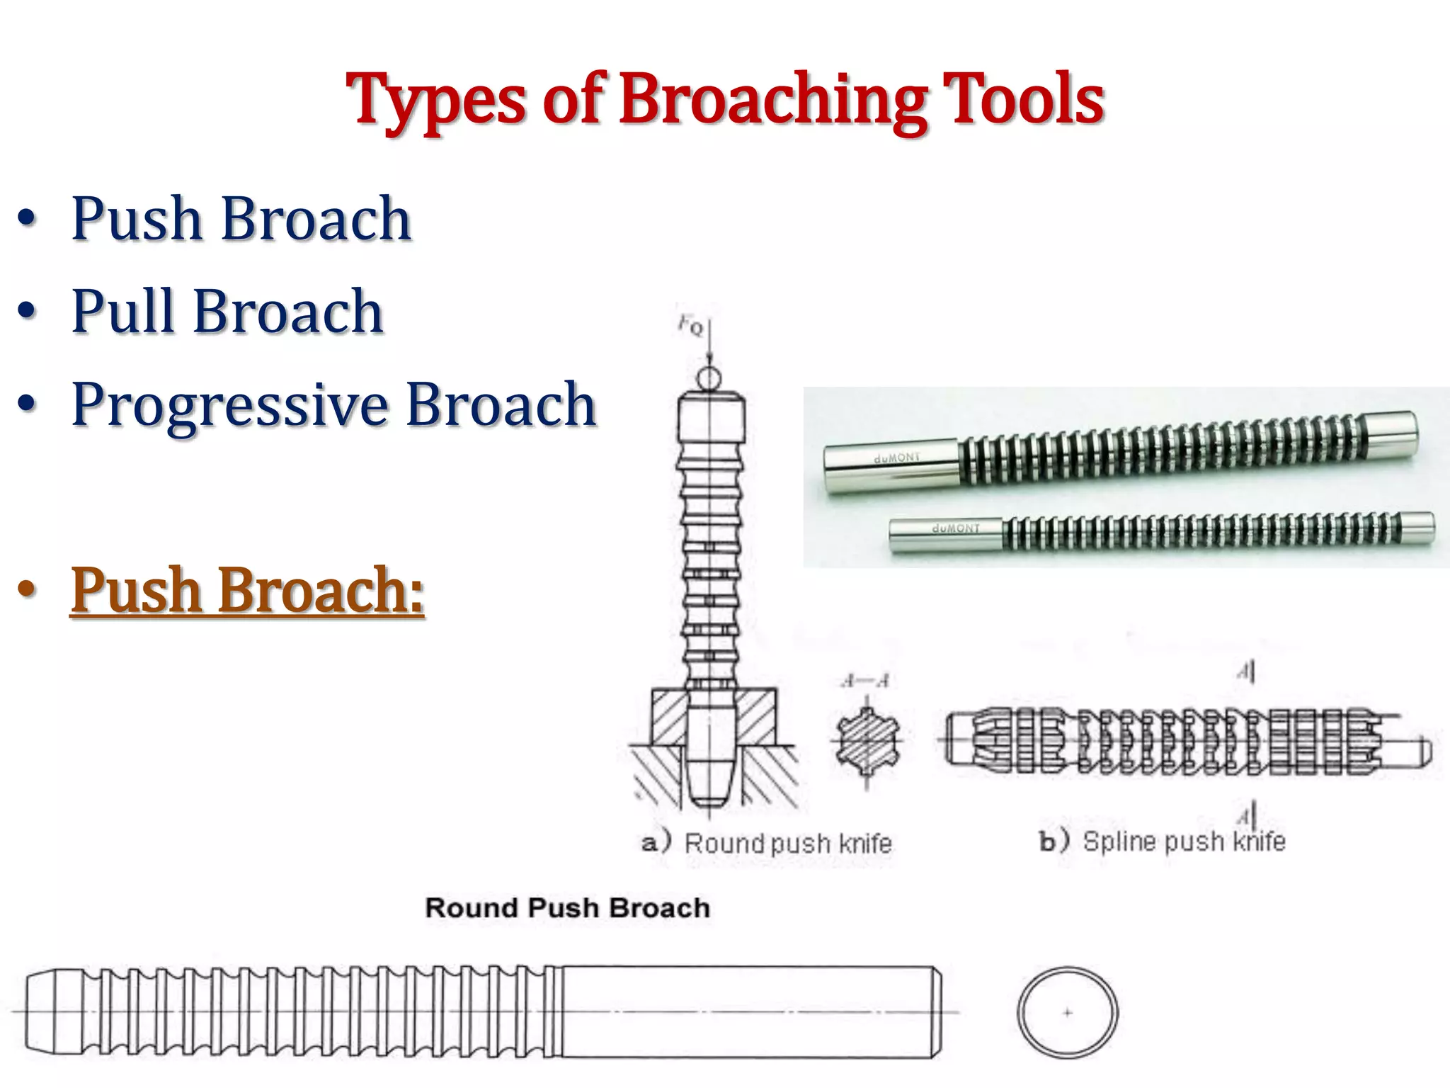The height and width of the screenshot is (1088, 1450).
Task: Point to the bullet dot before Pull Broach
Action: pos(27,312)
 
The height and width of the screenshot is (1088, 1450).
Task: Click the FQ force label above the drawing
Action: pos(690,325)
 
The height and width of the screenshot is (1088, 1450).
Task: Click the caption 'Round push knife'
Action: pos(787,844)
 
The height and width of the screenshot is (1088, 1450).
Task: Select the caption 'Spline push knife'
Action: pos(1184,841)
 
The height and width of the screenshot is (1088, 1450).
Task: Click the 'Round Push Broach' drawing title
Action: pos(567,908)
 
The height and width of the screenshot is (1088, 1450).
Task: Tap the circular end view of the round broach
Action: pos(1068,1012)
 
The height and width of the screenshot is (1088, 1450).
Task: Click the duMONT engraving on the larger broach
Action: pos(896,458)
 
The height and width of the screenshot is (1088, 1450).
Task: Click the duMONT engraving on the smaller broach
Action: pos(956,528)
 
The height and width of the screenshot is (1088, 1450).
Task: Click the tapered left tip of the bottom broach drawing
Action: pos(50,1011)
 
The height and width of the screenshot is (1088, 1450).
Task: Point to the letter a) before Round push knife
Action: pos(656,844)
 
